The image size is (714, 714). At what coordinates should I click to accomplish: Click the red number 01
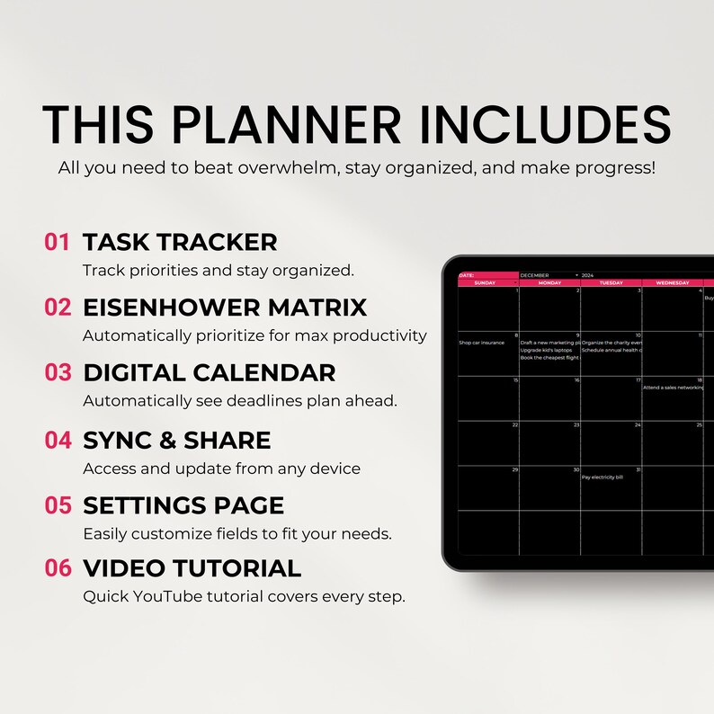[58, 242]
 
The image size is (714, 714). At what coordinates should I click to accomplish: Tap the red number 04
[58, 440]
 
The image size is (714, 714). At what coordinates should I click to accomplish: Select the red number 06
[58, 568]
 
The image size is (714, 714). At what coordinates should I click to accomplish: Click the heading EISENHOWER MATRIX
[225, 307]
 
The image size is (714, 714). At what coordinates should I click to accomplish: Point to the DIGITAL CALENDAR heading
[210, 372]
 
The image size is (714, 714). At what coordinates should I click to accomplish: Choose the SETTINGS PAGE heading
[183, 504]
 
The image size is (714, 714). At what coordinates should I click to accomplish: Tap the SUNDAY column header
[485, 282]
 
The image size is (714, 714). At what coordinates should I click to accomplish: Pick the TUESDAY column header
[611, 282]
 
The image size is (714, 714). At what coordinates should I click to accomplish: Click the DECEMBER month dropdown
[549, 275]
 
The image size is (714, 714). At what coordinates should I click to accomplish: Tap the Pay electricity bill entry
[602, 477]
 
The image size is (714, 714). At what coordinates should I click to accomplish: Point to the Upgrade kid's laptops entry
[545, 350]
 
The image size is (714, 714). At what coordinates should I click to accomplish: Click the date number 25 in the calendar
[699, 424]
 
